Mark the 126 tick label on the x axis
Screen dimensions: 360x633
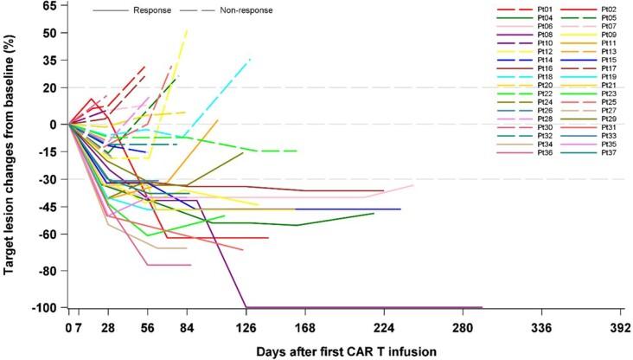coord(246,329)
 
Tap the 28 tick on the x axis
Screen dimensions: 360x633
coord(107,329)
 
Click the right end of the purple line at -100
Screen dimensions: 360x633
coord(482,306)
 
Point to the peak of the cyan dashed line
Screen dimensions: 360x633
coord(251,59)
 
